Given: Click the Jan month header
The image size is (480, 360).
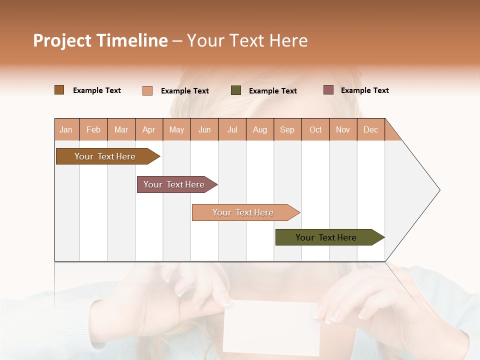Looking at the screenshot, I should point(66,129).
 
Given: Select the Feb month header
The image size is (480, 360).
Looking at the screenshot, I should point(93,129).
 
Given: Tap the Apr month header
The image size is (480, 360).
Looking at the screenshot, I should point(149,129).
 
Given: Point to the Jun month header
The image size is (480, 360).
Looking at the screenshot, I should point(204,129).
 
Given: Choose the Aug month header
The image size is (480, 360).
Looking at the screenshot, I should point(260,129).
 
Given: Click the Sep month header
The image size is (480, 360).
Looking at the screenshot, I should point(287,129).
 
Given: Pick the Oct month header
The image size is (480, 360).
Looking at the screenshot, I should point(315,129).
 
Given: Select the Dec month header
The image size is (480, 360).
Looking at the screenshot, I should point(371,129).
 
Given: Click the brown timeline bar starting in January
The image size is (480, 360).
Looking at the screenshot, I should point(105,156).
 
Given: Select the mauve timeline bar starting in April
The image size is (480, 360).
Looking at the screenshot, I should point(174,184).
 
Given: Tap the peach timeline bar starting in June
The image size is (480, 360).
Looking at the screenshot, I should point(243,212).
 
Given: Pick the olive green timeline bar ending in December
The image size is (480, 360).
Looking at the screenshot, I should point(326,237).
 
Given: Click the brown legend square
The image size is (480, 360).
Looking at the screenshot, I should point(59,90).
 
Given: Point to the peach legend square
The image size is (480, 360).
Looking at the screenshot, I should point(147,90).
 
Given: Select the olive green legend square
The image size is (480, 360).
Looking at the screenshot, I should point(236,90).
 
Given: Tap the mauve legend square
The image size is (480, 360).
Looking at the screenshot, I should point(328,90).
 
